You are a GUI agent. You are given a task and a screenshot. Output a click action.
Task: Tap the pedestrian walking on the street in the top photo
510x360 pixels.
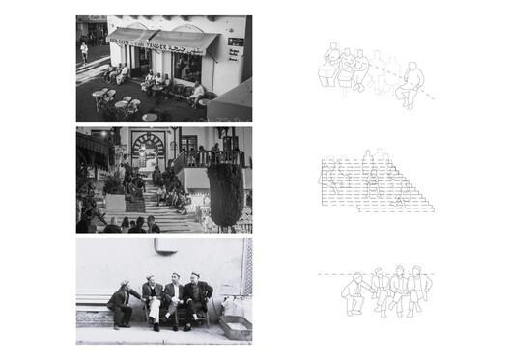point(84,51)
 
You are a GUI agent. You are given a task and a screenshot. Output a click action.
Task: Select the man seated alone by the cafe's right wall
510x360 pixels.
point(197,93)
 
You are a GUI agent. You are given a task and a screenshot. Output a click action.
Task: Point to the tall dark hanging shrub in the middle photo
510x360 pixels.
point(226,192)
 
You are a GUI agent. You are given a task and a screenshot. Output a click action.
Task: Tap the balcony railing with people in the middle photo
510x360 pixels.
point(203,154)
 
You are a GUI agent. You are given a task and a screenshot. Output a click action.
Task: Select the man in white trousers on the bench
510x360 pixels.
point(153,300)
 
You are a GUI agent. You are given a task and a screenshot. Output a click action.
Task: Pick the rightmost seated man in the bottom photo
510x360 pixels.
point(198,300)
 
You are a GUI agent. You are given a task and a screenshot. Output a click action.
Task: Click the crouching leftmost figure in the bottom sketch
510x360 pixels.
point(358,292)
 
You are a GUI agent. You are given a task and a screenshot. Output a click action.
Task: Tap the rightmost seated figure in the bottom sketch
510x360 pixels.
point(418,291)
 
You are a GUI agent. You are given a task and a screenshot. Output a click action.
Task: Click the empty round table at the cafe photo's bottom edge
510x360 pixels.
point(150,118)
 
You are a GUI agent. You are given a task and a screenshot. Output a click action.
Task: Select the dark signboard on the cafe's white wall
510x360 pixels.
point(235,48)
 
